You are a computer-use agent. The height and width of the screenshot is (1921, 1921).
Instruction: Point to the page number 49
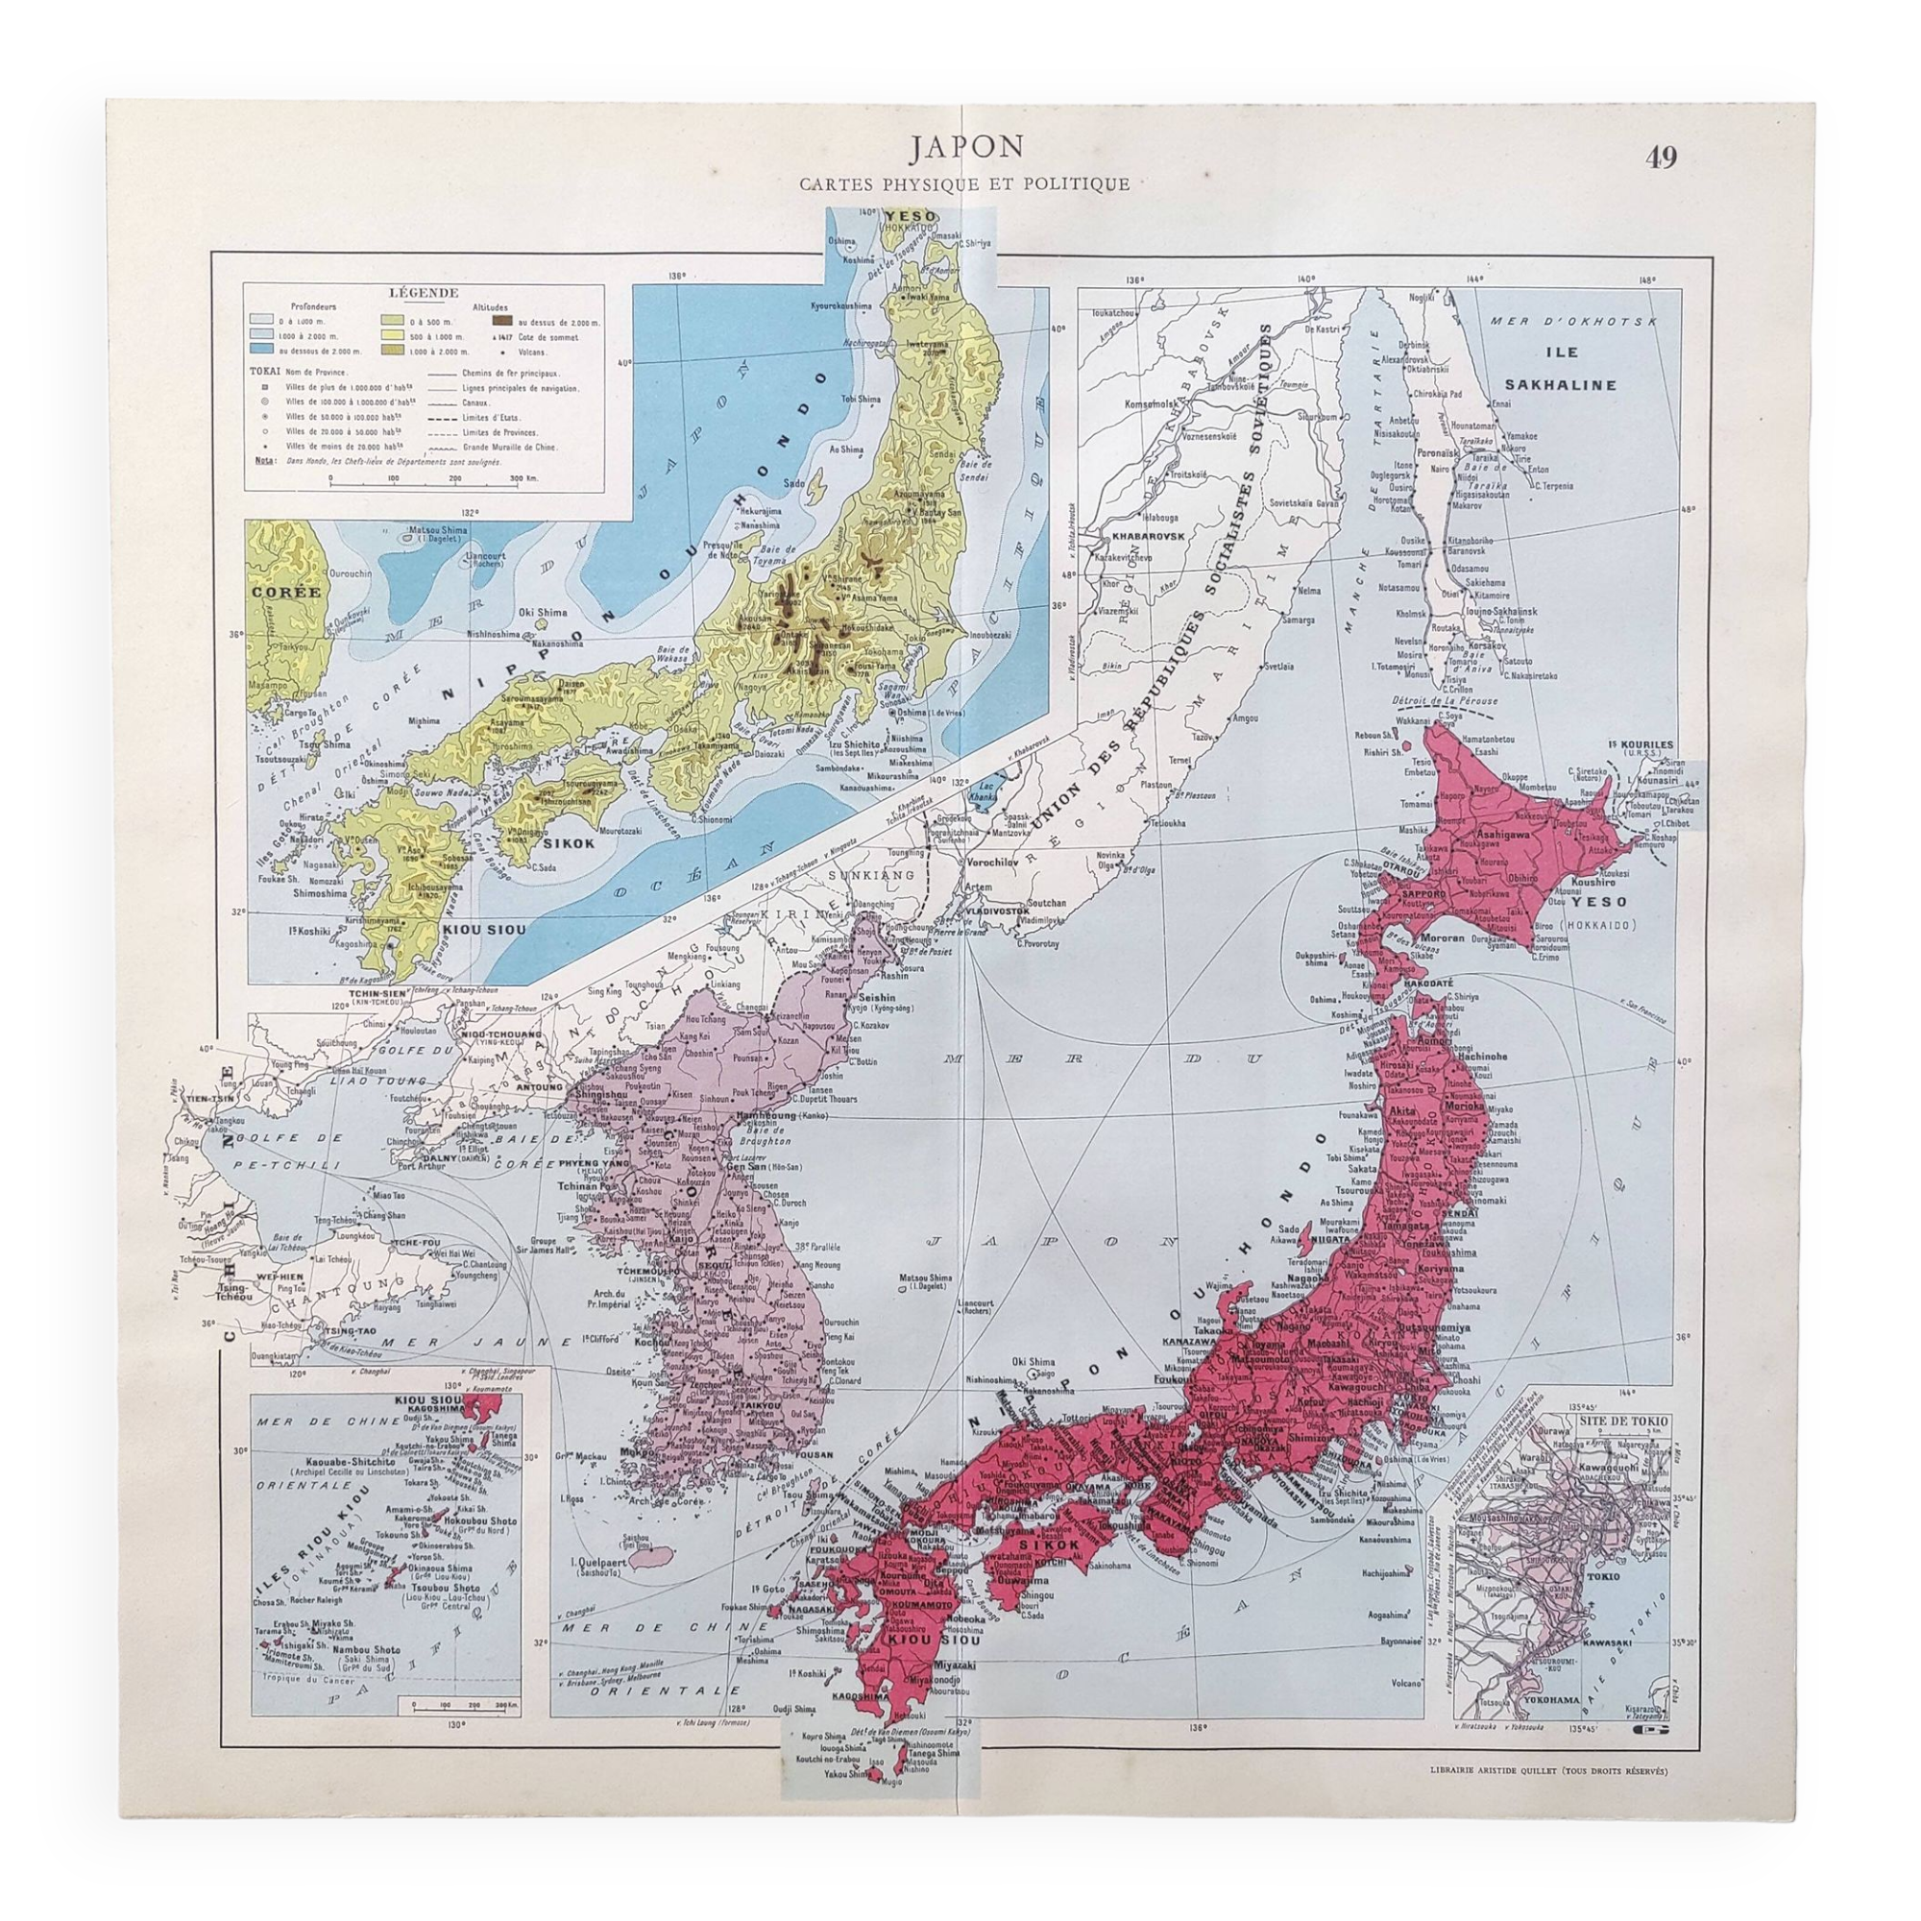[x=1662, y=158]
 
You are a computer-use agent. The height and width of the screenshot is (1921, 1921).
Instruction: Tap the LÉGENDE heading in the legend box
[x=425, y=293]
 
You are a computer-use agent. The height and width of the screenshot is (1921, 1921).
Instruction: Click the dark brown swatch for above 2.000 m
[x=503, y=321]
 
